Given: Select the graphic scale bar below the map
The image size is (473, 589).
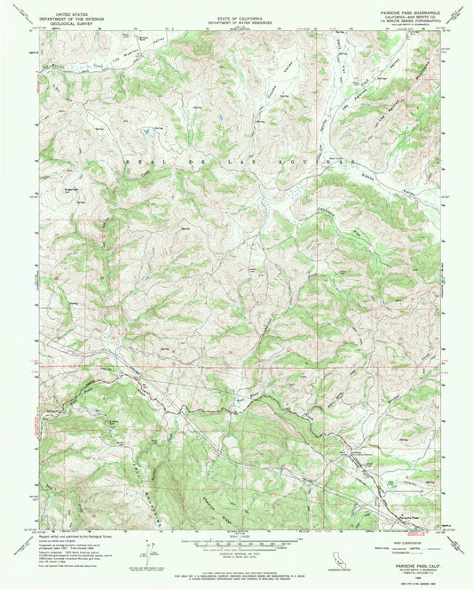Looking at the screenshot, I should pyautogui.click(x=235, y=539).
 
